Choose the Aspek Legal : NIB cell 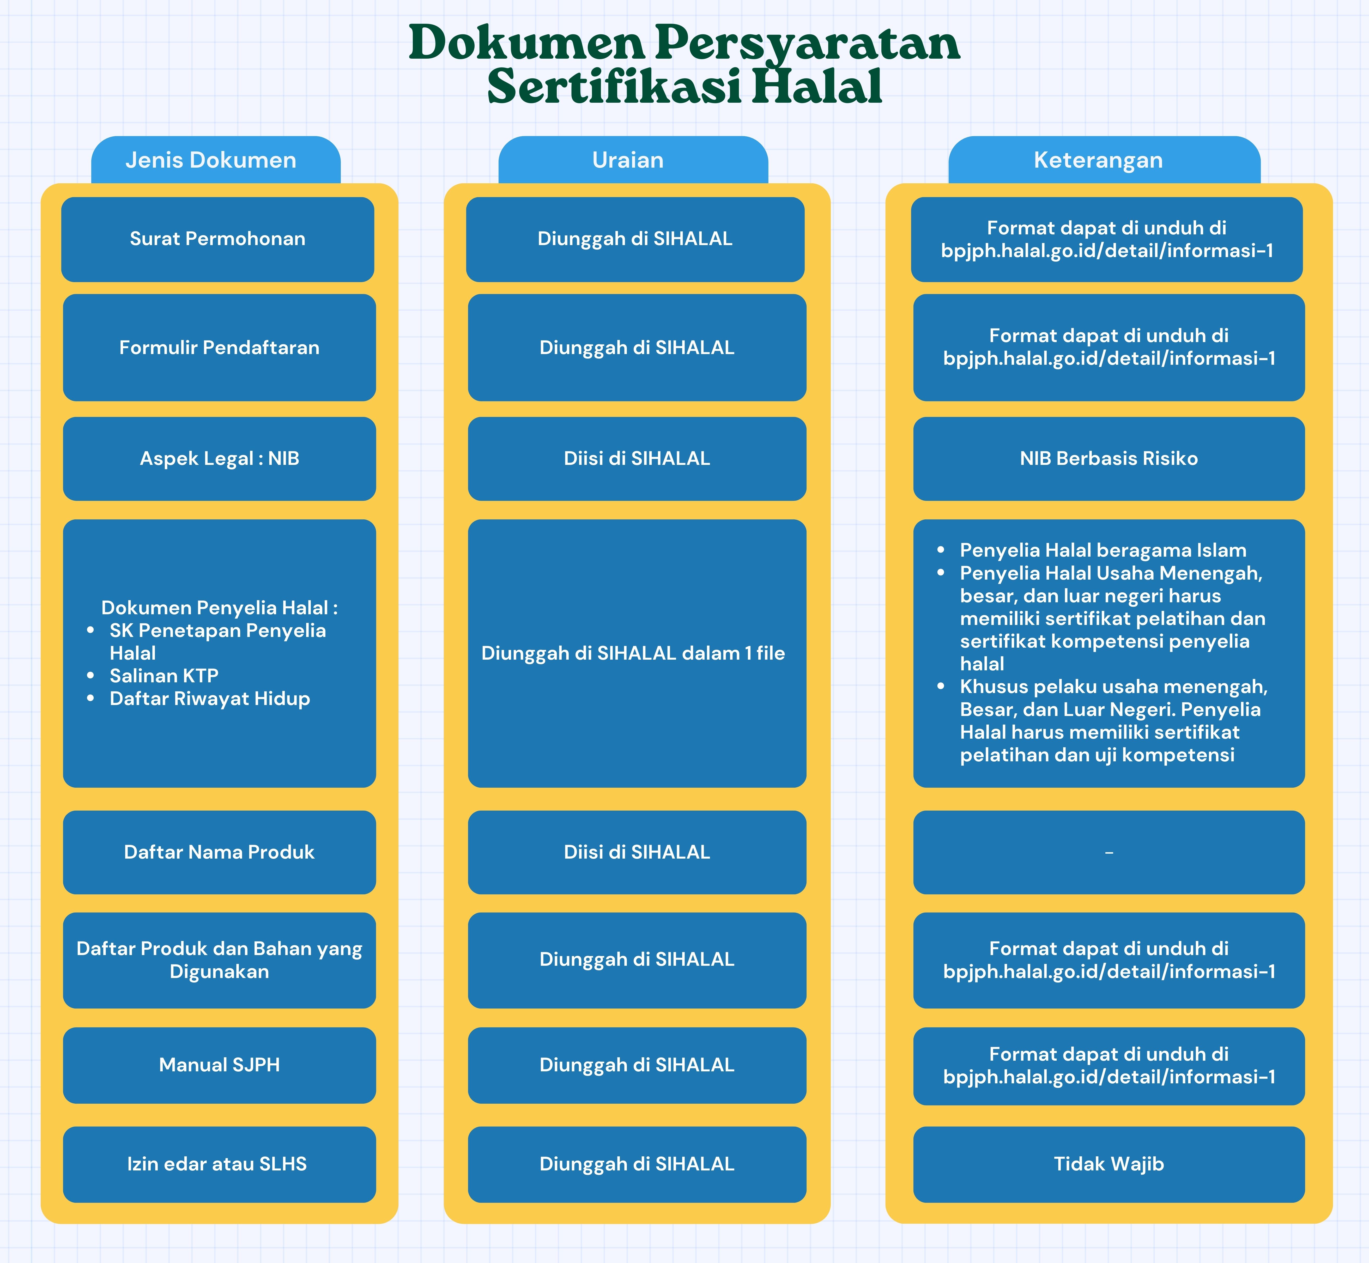click(219, 459)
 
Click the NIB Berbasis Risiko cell click(1108, 459)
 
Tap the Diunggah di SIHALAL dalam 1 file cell click(637, 653)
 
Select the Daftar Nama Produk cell click(219, 852)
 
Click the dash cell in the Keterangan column click(1108, 852)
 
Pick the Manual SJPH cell click(219, 1065)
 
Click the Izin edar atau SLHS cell click(219, 1164)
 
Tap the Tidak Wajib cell click(1108, 1164)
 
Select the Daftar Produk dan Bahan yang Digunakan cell click(219, 960)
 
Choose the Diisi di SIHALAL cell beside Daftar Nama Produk click(637, 852)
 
